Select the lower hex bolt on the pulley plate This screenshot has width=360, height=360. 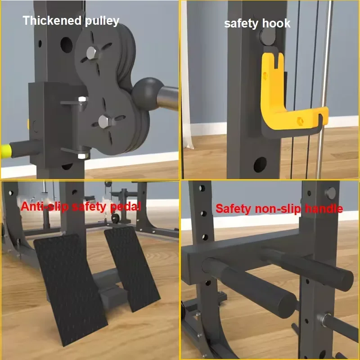[x=103, y=121]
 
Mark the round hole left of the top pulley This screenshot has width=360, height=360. [x=66, y=43]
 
